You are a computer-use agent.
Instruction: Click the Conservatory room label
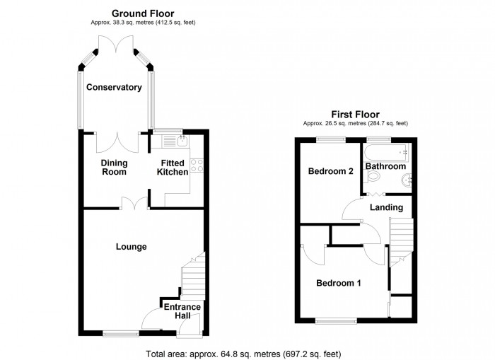click(114, 88)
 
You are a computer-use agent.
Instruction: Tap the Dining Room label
click(113, 166)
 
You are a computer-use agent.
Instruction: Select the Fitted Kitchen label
click(172, 166)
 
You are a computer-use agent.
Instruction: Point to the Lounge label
click(132, 247)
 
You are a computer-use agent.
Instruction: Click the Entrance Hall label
click(182, 312)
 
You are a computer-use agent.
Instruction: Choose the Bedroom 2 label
click(330, 171)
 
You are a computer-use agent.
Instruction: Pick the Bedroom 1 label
click(338, 283)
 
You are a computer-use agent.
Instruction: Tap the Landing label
click(386, 207)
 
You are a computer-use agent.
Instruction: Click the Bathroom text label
click(386, 166)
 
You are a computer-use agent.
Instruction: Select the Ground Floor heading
click(144, 13)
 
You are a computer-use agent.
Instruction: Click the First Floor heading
click(356, 114)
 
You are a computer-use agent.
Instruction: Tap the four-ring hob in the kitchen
click(197, 167)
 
